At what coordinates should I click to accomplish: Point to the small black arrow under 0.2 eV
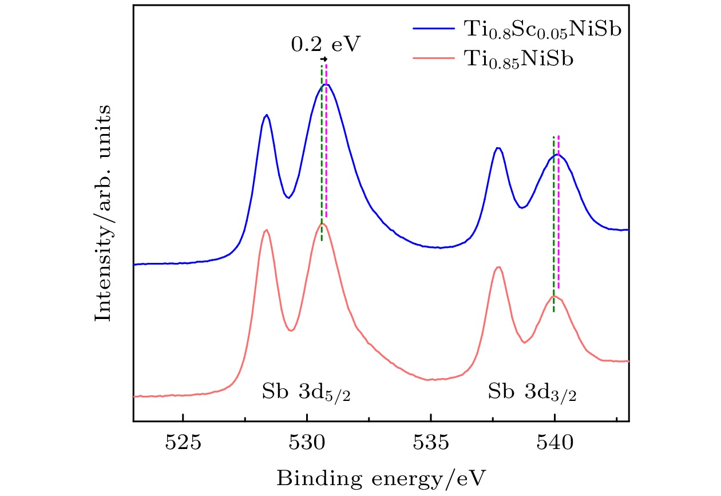tap(324, 59)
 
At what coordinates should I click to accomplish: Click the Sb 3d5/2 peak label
tap(307, 392)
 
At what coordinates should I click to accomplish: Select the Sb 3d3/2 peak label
tap(532, 392)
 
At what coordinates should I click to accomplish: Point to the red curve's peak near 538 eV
tap(499, 267)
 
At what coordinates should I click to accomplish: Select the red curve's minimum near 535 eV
tap(430, 379)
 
